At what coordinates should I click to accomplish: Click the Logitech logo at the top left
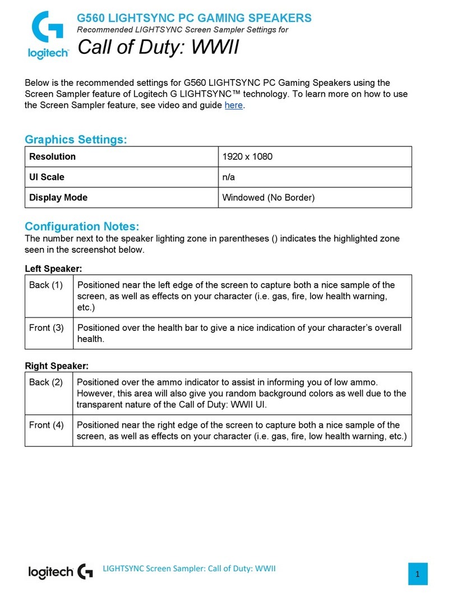coord(48,35)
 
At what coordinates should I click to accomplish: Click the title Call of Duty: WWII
coord(158,48)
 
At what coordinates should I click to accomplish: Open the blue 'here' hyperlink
coord(233,105)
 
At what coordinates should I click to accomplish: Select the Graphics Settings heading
coord(76,140)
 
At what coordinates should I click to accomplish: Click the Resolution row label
coord(52,156)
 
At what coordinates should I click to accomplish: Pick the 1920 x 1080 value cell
coord(247,156)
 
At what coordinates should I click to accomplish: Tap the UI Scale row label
coord(47,177)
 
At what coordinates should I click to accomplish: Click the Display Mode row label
coord(58,197)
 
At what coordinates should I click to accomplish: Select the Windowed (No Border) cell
coord(269,197)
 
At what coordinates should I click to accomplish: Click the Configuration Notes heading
coord(82,227)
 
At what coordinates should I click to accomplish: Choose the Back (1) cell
coord(46,285)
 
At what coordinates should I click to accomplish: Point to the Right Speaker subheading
coord(57,366)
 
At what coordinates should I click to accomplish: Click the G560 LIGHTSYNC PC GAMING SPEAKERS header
coord(194,18)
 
